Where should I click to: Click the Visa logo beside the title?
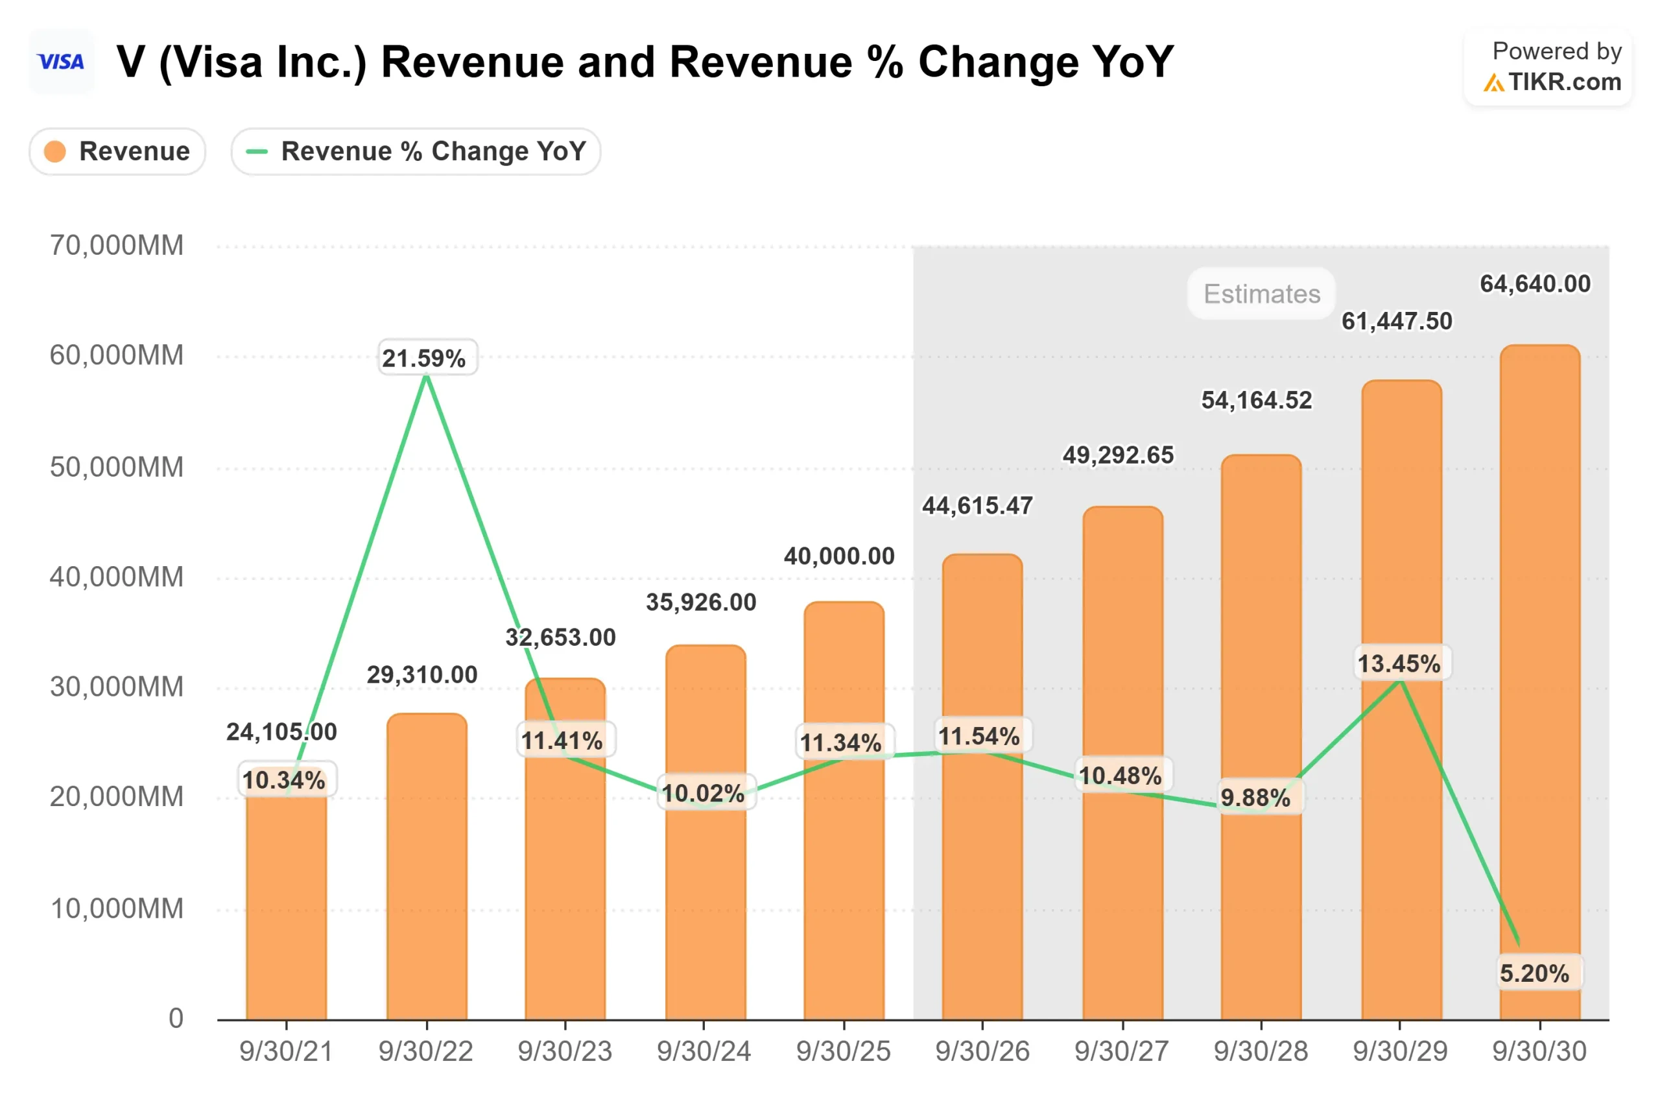point(62,62)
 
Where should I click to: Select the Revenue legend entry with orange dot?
point(117,151)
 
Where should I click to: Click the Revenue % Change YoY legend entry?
point(416,151)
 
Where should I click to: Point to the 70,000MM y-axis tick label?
point(117,246)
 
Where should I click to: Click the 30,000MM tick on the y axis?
point(117,686)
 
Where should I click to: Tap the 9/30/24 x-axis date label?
point(704,1051)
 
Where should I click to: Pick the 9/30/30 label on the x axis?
point(1539,1051)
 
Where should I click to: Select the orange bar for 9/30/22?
point(427,868)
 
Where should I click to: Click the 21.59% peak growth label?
point(424,358)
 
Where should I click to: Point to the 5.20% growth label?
point(1534,973)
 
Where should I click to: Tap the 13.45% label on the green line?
point(1399,663)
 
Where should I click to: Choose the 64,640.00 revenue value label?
point(1535,284)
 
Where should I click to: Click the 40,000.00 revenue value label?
point(839,556)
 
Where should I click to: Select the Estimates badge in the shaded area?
point(1261,294)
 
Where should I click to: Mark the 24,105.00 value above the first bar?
point(281,732)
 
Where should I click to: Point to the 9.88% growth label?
point(1255,798)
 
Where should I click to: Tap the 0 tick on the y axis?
point(176,1018)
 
